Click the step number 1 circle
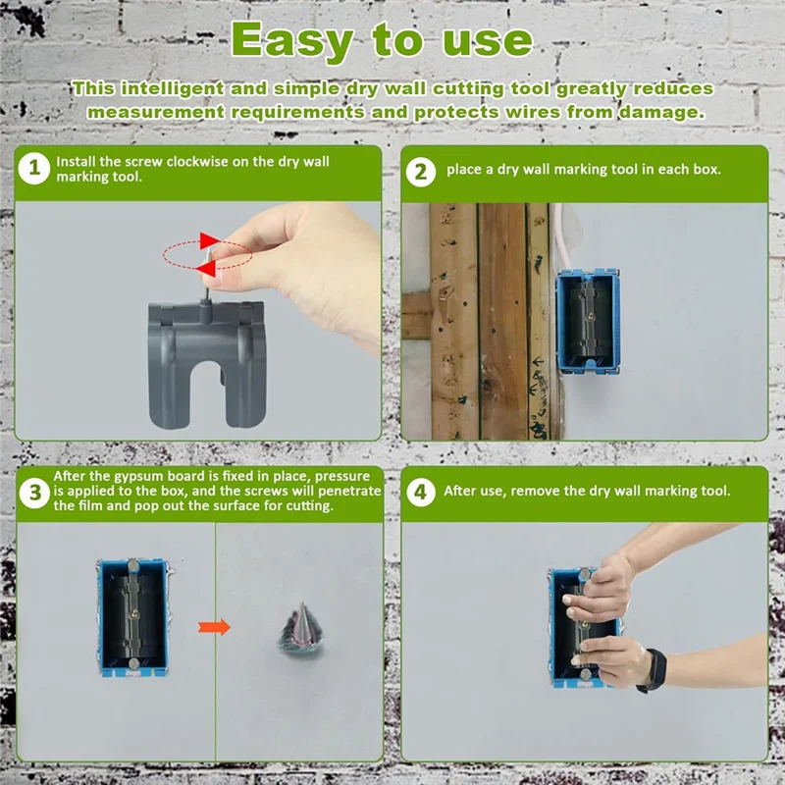tap(34, 168)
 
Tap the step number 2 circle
tap(421, 172)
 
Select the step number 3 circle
tap(34, 493)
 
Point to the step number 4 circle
tap(421, 492)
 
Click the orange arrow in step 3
tap(214, 627)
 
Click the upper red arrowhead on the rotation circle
tap(209, 240)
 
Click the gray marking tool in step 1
tap(207, 363)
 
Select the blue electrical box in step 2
tap(588, 322)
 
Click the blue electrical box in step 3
tap(133, 618)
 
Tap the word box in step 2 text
tap(706, 169)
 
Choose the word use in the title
tap(487, 42)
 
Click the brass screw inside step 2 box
tap(592, 315)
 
